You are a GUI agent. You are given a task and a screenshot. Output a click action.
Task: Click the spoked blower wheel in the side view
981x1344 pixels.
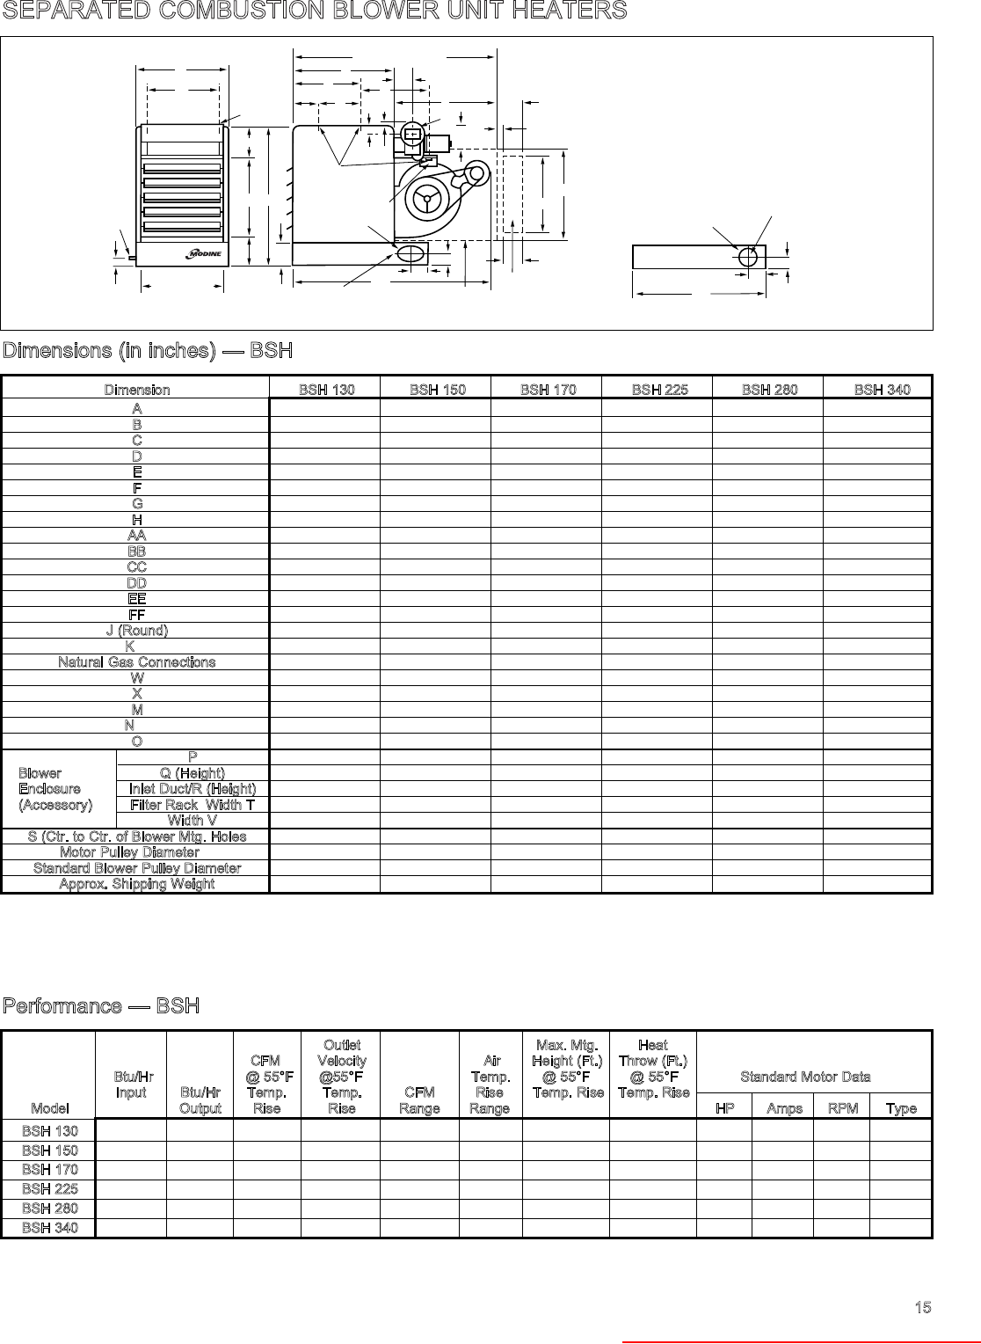click(427, 199)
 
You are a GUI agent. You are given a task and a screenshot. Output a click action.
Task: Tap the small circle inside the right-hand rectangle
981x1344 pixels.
click(748, 257)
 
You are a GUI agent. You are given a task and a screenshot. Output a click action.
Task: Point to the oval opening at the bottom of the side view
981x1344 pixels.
click(411, 253)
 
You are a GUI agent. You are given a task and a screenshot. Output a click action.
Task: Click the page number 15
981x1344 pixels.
click(922, 1307)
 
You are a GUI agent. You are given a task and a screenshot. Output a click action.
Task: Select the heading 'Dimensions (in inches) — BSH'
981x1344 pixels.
click(147, 351)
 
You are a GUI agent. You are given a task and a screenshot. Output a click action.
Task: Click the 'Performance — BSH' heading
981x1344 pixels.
click(100, 1005)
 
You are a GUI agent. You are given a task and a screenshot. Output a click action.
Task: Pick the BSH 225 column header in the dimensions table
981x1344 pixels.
click(659, 390)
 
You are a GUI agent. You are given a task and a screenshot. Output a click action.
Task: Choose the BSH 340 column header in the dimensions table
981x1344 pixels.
click(882, 390)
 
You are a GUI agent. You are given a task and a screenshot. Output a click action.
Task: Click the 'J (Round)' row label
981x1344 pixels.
click(136, 630)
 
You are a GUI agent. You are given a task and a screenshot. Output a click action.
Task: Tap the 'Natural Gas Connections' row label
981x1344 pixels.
click(136, 661)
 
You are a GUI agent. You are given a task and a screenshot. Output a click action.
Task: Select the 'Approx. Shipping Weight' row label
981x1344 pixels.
click(136, 884)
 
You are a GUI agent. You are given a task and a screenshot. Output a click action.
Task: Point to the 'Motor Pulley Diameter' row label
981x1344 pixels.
click(129, 851)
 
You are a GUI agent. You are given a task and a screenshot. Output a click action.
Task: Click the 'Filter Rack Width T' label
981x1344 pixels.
click(193, 805)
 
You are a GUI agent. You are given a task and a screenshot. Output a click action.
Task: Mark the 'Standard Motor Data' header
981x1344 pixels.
click(805, 1077)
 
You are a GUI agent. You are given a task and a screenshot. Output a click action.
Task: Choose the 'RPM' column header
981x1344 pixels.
click(842, 1108)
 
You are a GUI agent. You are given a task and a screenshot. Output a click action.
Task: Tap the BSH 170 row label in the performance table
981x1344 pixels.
click(49, 1169)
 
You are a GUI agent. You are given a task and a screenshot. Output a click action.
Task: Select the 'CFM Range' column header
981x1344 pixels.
click(419, 1100)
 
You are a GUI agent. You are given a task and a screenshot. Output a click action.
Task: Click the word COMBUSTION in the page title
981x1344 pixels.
click(238, 11)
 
